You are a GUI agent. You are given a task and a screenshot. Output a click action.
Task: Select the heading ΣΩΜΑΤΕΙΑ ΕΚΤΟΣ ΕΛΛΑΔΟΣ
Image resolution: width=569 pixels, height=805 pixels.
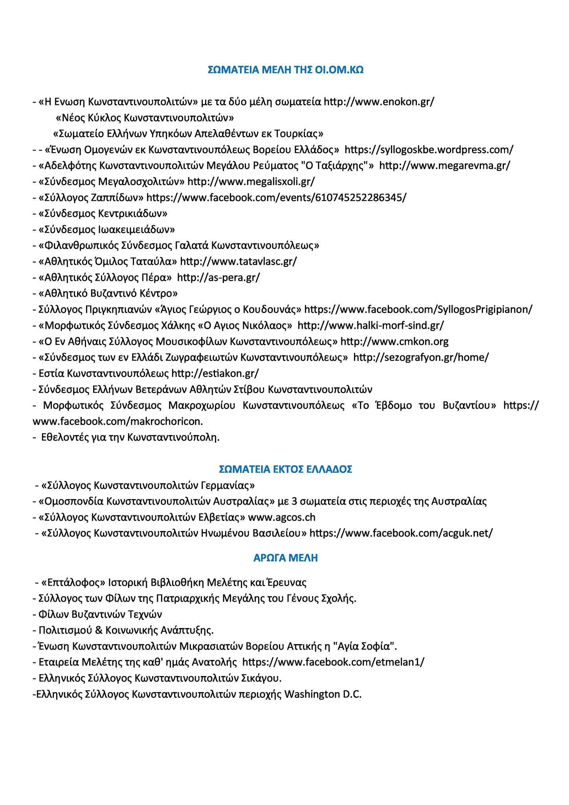coord(285,469)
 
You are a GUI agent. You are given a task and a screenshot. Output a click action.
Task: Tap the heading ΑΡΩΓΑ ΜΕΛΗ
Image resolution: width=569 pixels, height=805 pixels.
coord(285,558)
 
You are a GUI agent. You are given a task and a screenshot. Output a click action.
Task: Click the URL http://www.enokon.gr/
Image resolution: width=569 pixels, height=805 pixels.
coord(379,102)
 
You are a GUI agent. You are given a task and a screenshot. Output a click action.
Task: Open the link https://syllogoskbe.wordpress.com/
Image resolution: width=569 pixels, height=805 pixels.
coord(429,150)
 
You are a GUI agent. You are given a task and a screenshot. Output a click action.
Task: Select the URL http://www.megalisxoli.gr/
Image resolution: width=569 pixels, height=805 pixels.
coord(251,182)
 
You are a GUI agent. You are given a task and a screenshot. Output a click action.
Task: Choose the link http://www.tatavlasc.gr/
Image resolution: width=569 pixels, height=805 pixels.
coord(239,261)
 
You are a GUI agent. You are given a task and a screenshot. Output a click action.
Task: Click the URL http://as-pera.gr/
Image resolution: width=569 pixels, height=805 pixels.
coord(218,278)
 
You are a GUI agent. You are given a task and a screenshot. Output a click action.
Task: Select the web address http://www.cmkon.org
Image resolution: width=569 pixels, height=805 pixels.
coord(394,342)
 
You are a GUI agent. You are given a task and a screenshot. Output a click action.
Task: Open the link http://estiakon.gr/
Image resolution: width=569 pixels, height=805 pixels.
coord(215,373)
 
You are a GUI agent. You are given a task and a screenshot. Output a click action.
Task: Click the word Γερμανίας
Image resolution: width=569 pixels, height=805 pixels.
coord(225,485)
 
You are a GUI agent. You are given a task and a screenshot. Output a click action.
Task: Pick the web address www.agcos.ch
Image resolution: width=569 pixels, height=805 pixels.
coord(282,517)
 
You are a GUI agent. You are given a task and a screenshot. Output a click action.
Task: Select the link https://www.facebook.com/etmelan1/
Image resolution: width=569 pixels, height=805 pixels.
coord(333,662)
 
